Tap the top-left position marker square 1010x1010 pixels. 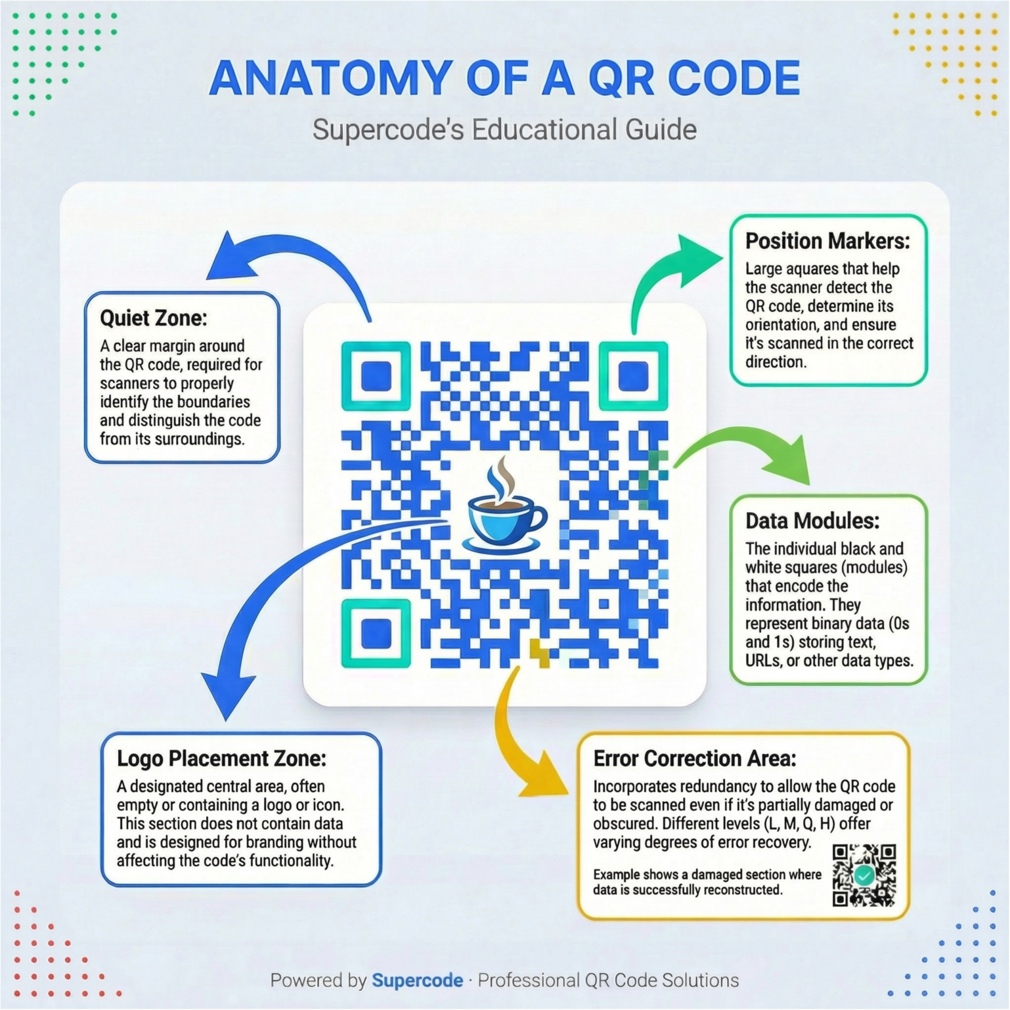click(376, 376)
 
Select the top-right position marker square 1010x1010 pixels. click(633, 376)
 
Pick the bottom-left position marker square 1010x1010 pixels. click(376, 633)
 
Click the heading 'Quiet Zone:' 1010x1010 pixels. click(153, 318)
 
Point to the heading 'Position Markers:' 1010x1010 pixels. click(827, 241)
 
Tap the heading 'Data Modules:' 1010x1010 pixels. click(812, 521)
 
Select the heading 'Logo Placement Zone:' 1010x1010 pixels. click(221, 758)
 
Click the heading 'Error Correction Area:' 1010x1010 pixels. click(694, 758)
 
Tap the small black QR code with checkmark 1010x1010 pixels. click(864, 875)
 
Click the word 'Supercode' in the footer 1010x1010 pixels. click(417, 980)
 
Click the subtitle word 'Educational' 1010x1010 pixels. click(545, 129)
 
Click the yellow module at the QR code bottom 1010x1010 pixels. click(540, 653)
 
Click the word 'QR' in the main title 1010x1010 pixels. click(621, 79)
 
